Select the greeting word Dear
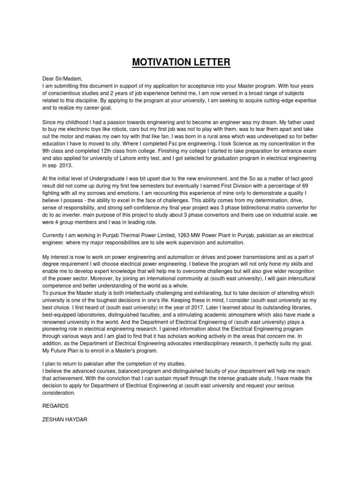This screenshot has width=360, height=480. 49,79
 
